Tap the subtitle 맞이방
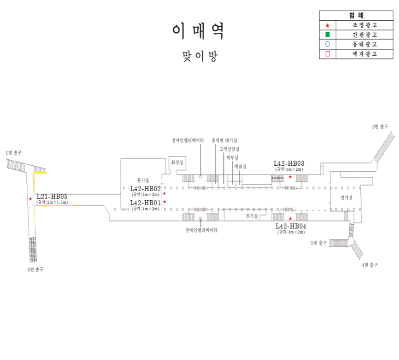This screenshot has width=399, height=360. coord(199,56)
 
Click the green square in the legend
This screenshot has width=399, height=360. coord(327,35)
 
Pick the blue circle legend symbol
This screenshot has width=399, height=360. coord(327,45)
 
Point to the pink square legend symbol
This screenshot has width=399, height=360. coord(327,54)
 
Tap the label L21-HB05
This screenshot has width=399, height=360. coord(52,197)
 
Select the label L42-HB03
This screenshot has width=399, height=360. coord(289,163)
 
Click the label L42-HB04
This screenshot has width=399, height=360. coord(291,226)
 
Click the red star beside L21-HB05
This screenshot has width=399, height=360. coord(30,199)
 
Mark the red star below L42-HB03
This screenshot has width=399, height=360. coord(290,177)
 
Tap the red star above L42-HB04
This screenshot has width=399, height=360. coord(290,218)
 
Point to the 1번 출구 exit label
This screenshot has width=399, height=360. coord(14,152)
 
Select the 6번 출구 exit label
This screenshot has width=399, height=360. coord(35,269)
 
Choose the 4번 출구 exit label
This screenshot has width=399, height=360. coord(370,265)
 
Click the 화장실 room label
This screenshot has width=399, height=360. coord(177,163)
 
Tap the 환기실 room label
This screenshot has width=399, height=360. coord(143,180)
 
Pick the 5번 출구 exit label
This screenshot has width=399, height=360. coord(318,243)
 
